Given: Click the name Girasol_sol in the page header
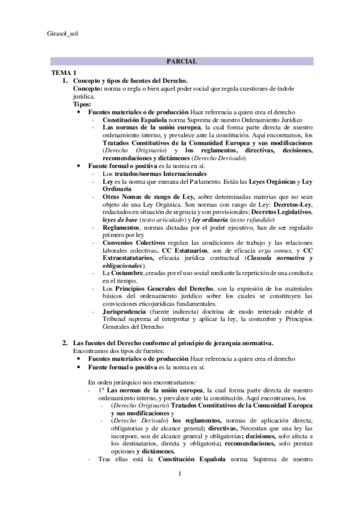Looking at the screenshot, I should (61, 33).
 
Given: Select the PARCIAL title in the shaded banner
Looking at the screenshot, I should (181, 61).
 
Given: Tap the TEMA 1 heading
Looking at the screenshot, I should (63, 72).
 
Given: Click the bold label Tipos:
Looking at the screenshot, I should (82, 103).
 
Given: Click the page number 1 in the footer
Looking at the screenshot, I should (180, 475).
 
